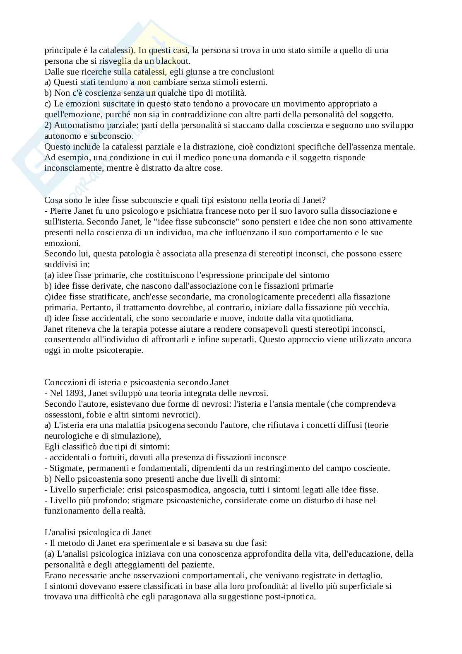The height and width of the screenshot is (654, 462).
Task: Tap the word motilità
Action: pyautogui.click(x=233, y=93)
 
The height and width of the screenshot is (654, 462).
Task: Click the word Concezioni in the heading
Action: pyautogui.click(x=65, y=382)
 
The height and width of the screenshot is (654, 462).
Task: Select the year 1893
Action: pyautogui.click(x=73, y=393)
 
